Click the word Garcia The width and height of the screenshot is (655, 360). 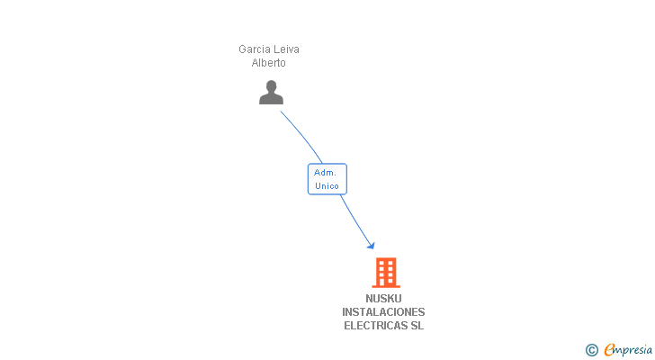pyautogui.click(x=254, y=49)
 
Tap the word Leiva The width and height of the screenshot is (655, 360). pyautogui.click(x=286, y=49)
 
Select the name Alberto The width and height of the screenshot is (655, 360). pyautogui.click(x=268, y=63)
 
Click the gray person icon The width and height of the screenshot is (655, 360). pyautogui.click(x=271, y=93)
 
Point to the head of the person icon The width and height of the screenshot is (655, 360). pyautogui.click(x=271, y=86)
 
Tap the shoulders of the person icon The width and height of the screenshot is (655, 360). pyautogui.click(x=271, y=99)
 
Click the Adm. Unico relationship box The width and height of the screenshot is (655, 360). pyautogui.click(x=327, y=179)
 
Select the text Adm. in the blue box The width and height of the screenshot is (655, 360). pyautogui.click(x=325, y=172)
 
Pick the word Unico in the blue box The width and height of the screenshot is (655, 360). pyautogui.click(x=327, y=186)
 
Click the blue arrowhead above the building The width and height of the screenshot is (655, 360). pyautogui.click(x=370, y=245)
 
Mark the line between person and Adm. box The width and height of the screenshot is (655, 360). pyautogui.click(x=304, y=137)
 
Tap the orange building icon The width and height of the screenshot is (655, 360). pyautogui.click(x=385, y=272)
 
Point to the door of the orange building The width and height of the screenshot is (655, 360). pyautogui.click(x=385, y=282)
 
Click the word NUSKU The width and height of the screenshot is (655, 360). pyautogui.click(x=384, y=299)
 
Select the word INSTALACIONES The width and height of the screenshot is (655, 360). pyautogui.click(x=383, y=312)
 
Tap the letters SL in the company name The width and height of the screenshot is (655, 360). pyautogui.click(x=417, y=326)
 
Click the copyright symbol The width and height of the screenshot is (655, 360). pyautogui.click(x=591, y=350)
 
